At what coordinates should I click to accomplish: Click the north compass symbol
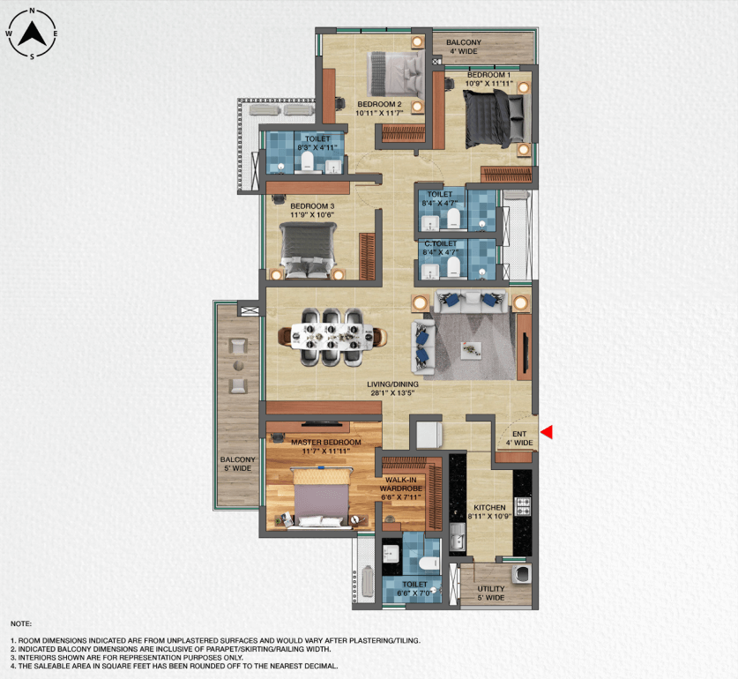click(33, 34)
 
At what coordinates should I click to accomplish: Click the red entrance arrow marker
click(547, 431)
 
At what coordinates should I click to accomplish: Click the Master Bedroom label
click(326, 442)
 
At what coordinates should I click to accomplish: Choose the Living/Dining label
click(393, 384)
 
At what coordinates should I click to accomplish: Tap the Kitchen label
click(489, 508)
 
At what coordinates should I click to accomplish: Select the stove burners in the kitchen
click(523, 507)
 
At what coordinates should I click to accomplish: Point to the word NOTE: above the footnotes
click(20, 623)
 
